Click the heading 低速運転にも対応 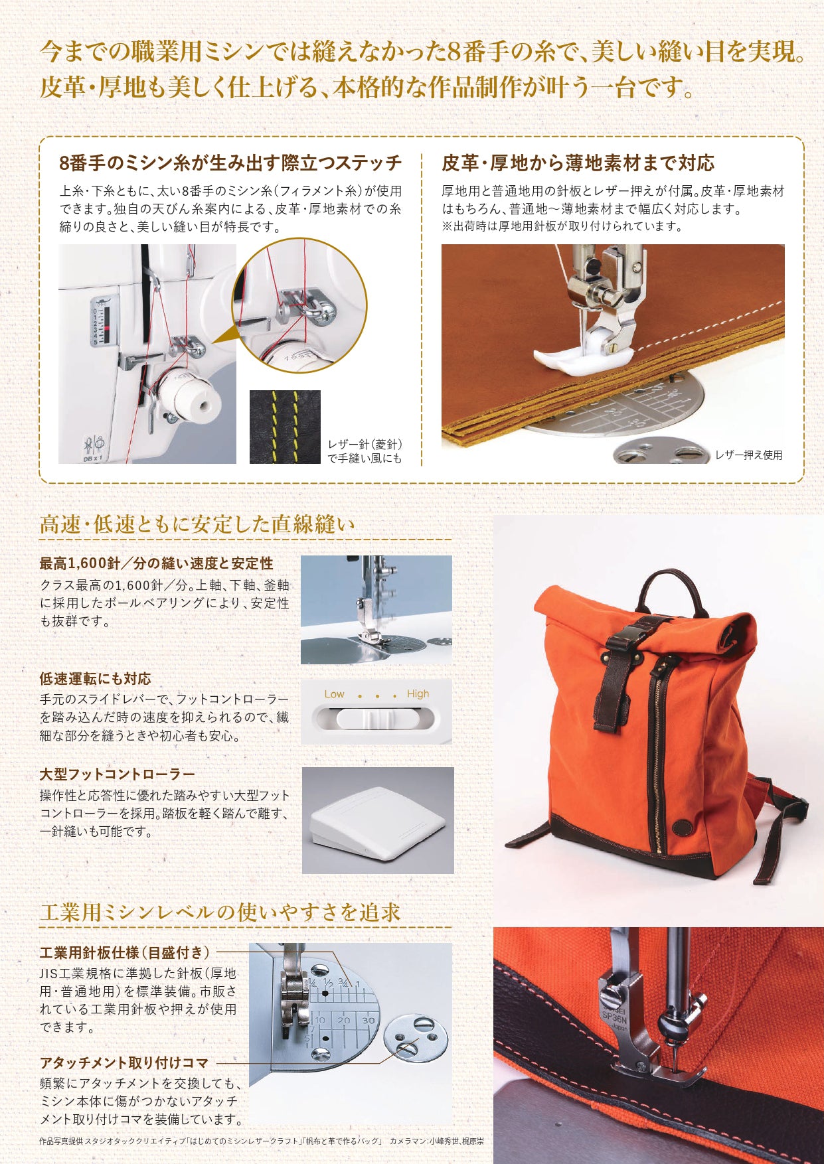coord(95,678)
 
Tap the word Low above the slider coord(334,694)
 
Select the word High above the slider coord(418,694)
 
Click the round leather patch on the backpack coord(681,828)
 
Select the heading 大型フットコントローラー coord(118,774)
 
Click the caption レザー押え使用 coord(748,455)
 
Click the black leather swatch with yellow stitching coord(285,427)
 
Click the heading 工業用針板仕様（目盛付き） coord(125,952)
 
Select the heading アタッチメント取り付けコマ coord(124,1062)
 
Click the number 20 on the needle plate coord(343,1020)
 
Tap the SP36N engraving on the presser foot coord(614,1013)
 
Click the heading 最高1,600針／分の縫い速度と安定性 coord(156,563)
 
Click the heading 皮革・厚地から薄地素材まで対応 coord(578,163)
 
